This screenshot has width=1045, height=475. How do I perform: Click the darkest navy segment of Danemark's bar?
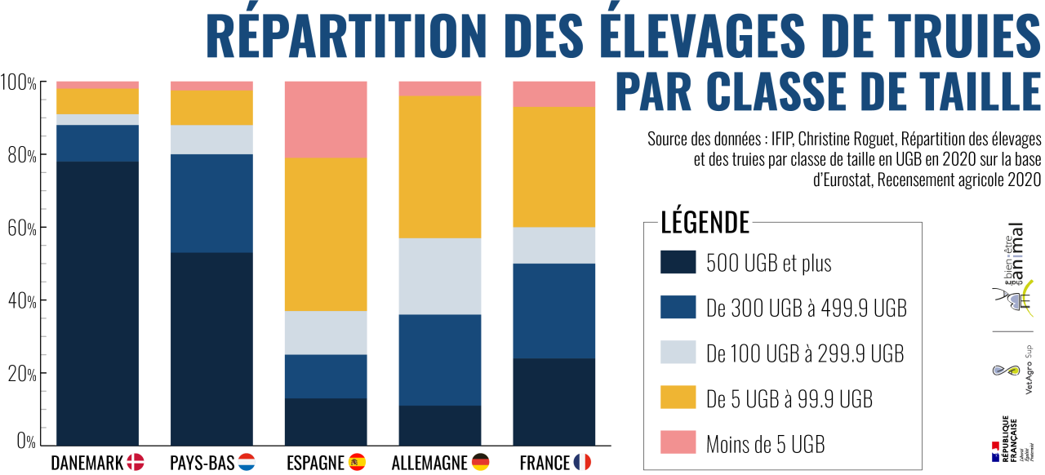tap(97, 301)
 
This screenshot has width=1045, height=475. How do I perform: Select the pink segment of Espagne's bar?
tap(326, 119)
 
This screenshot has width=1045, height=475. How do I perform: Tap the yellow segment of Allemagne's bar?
tap(440, 167)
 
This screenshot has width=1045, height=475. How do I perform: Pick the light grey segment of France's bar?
tap(554, 245)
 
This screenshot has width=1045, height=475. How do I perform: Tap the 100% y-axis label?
tap(18, 83)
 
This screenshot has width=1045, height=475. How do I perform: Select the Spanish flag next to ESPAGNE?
tap(357, 463)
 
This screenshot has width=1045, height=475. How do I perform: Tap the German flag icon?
tap(481, 463)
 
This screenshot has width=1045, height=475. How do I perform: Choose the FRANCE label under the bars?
tap(545, 463)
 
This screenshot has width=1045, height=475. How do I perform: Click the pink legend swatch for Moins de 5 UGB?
tap(678, 442)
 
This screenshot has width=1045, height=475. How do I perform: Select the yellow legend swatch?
tap(678, 397)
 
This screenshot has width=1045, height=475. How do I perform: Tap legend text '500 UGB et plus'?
tap(768, 263)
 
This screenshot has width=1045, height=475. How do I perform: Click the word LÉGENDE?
tap(705, 222)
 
